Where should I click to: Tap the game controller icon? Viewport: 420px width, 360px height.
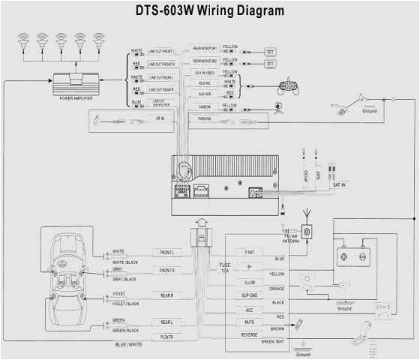click(x=288, y=85)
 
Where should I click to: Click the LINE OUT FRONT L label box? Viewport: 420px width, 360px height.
click(x=160, y=52)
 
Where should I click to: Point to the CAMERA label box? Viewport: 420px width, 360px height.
click(x=203, y=106)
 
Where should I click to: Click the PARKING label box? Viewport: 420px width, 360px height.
click(x=204, y=119)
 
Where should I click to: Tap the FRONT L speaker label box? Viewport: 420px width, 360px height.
click(x=166, y=253)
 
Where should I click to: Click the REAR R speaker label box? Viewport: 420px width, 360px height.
click(x=166, y=295)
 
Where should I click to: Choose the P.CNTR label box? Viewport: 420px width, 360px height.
click(x=166, y=337)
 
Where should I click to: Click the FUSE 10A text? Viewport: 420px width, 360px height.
click(x=224, y=268)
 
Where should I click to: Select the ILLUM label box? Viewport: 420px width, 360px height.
click(x=248, y=283)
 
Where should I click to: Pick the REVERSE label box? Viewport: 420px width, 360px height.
click(x=248, y=334)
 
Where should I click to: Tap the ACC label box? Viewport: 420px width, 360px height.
click(x=248, y=308)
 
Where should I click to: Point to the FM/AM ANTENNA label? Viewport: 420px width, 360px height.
click(x=288, y=238)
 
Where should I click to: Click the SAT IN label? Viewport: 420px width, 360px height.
click(x=339, y=184)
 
